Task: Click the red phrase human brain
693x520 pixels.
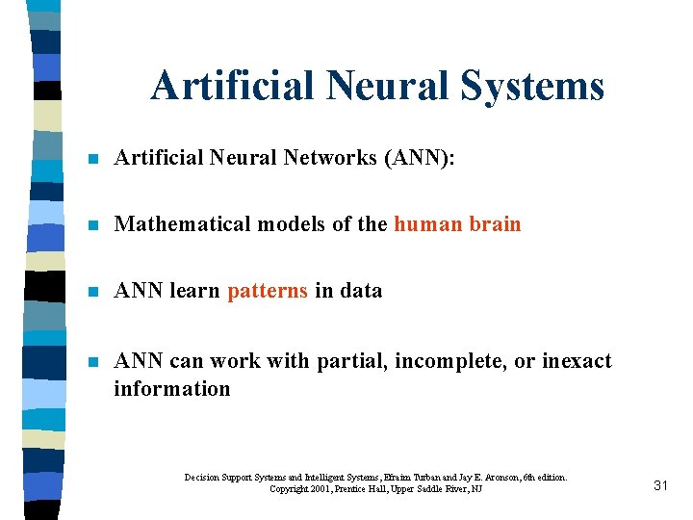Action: [457, 224]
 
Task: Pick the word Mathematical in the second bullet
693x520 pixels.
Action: [182, 224]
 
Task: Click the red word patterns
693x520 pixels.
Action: [268, 291]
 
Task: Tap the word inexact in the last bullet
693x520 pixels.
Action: [576, 361]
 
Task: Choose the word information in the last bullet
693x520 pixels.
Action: [172, 389]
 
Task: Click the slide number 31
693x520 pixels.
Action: [660, 485]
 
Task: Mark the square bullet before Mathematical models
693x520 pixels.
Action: [92, 225]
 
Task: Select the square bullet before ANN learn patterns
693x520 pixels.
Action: [92, 292]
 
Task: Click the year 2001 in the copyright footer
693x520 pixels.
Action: [325, 490]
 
